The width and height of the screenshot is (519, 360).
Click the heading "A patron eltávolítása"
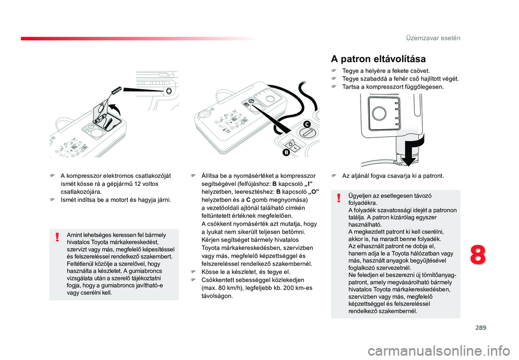click(378, 59)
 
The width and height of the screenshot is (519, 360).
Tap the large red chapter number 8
click(478, 255)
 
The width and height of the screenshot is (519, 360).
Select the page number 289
click(481, 328)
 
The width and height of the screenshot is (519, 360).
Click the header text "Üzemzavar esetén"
click(433, 38)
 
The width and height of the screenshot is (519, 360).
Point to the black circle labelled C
click(307, 124)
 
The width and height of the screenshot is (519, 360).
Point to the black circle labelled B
click(286, 152)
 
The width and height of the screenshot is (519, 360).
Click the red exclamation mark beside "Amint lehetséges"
click(58, 237)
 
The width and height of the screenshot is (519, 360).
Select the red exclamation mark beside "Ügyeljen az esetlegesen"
click(338, 198)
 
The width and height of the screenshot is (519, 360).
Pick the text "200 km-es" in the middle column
click(298, 288)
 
